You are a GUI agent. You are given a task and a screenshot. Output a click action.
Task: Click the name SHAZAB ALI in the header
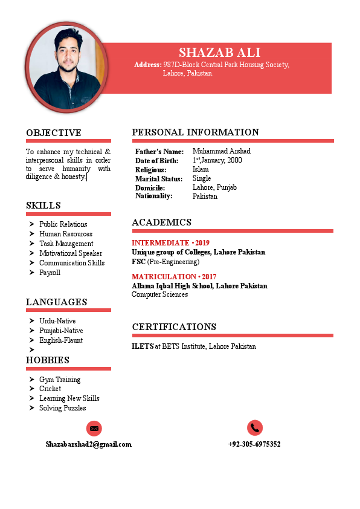(219, 52)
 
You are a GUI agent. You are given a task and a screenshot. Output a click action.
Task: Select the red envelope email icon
(94, 428)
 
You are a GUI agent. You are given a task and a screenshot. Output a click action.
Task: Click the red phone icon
(255, 427)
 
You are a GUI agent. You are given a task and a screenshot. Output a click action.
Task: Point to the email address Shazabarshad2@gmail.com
(88, 444)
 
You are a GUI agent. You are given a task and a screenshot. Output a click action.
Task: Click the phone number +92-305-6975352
(254, 444)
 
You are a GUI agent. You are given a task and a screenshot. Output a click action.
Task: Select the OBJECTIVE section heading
(53, 133)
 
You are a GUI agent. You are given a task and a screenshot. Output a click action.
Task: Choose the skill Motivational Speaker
(71, 253)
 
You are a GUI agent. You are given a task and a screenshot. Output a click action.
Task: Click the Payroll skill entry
(50, 273)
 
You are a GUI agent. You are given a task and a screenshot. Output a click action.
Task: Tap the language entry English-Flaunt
(61, 340)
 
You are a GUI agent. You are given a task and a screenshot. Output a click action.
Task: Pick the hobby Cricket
(50, 389)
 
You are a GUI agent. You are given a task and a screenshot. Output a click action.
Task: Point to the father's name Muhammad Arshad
(221, 151)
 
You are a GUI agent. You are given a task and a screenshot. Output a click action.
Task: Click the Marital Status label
(158, 179)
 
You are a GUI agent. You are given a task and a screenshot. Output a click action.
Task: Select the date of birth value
(217, 160)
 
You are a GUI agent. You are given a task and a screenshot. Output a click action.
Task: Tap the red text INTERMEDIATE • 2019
(170, 243)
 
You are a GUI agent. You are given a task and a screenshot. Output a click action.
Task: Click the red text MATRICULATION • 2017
(174, 277)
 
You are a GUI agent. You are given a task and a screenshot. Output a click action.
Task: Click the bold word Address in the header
(147, 65)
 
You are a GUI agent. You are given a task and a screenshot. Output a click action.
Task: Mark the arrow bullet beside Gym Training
(31, 380)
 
